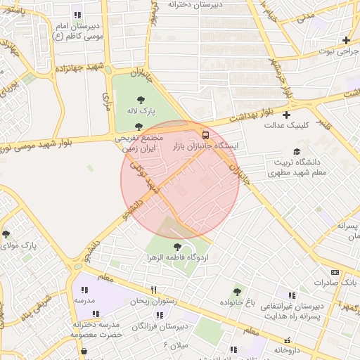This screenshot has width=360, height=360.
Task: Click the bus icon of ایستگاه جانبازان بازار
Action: (205, 134)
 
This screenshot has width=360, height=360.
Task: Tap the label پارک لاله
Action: (141, 111)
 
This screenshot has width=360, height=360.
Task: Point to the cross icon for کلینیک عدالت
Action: (286, 115)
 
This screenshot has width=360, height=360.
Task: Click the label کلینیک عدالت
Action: (283, 126)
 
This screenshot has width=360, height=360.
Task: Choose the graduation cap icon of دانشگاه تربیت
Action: (297, 151)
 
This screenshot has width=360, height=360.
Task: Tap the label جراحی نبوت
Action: (337, 51)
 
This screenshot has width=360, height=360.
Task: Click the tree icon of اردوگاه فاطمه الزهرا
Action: (177, 247)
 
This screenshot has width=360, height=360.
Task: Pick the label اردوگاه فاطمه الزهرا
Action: (177, 258)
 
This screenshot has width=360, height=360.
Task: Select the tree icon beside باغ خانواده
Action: (237, 290)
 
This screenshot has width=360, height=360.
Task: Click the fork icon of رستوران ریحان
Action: (154, 290)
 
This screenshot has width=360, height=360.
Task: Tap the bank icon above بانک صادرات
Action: (335, 272)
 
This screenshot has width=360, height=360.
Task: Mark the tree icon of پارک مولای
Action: (6, 234)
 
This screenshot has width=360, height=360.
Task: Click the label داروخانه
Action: (292, 349)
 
